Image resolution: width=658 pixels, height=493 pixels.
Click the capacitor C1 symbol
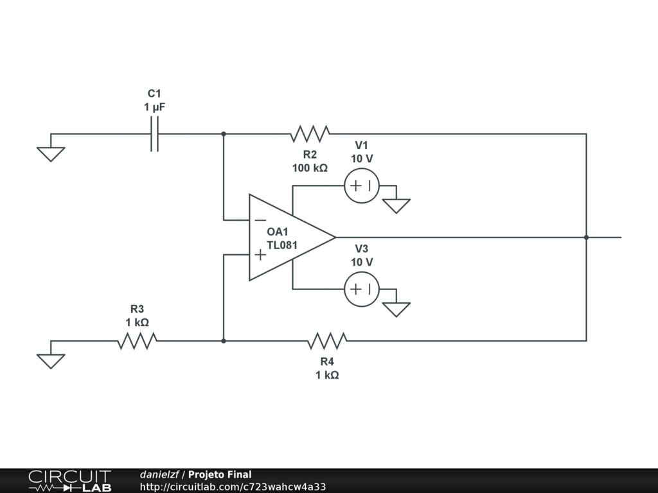pyautogui.click(x=154, y=134)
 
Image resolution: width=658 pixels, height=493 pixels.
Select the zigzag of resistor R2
pyautogui.click(x=310, y=134)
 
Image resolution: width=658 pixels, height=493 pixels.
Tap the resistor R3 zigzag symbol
pyautogui.click(x=138, y=341)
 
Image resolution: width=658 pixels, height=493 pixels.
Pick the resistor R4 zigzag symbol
pyautogui.click(x=327, y=341)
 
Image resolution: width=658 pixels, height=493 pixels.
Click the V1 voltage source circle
pyautogui.click(x=362, y=186)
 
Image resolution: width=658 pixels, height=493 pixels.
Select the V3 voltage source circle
pyautogui.click(x=362, y=290)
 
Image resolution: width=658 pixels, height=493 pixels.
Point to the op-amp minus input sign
pyautogui.click(x=260, y=220)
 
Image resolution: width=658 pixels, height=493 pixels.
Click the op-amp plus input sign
pyautogui.click(x=260, y=254)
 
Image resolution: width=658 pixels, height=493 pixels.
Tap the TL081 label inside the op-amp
pyautogui.click(x=283, y=245)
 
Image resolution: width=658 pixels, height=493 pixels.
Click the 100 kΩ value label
pyautogui.click(x=310, y=168)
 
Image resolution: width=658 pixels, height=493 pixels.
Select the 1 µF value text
pyautogui.click(x=154, y=107)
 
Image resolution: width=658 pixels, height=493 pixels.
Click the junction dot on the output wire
pyautogui.click(x=586, y=238)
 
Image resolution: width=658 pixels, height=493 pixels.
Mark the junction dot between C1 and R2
pyautogui.click(x=224, y=134)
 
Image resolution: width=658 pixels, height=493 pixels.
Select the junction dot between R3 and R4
pyautogui.click(x=224, y=341)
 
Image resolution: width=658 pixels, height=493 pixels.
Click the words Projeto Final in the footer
pyautogui.click(x=220, y=474)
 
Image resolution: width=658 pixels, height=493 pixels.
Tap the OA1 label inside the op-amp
pyautogui.click(x=278, y=232)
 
